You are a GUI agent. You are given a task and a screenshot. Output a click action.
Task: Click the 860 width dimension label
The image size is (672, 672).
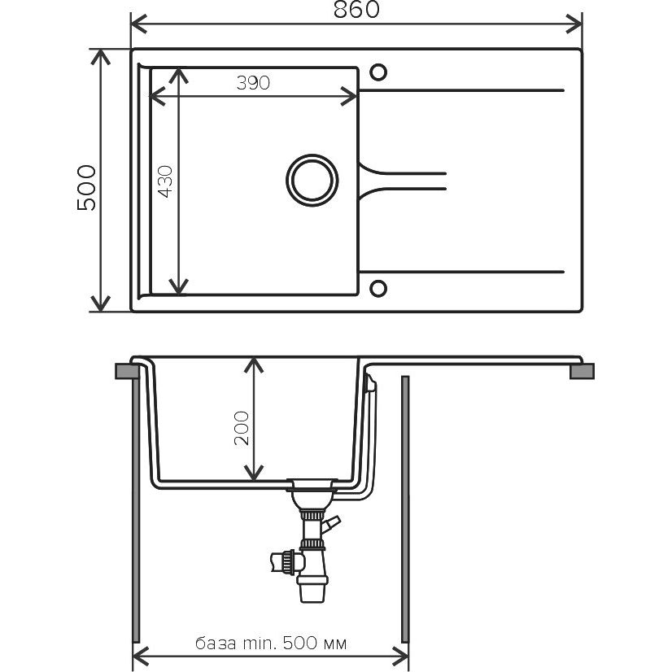tap(356, 10)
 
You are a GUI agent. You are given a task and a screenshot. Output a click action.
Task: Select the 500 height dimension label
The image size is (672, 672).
tap(86, 187)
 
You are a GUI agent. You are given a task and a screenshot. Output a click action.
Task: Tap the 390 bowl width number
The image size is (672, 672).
tap(253, 83)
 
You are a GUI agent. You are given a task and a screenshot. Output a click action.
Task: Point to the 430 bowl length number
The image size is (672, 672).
tap(165, 181)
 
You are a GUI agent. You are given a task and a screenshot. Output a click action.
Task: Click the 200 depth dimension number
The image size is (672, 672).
tap(242, 428)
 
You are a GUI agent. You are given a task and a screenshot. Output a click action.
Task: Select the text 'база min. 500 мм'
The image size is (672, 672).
tap(271, 644)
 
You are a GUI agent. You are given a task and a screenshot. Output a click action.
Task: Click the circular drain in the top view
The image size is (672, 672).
tap(312, 180)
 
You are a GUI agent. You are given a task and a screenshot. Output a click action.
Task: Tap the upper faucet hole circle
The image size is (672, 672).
tap(378, 72)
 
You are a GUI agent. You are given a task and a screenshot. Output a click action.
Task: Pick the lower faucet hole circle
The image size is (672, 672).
tap(378, 289)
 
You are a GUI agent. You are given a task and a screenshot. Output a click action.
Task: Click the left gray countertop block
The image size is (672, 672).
tap(127, 371)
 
